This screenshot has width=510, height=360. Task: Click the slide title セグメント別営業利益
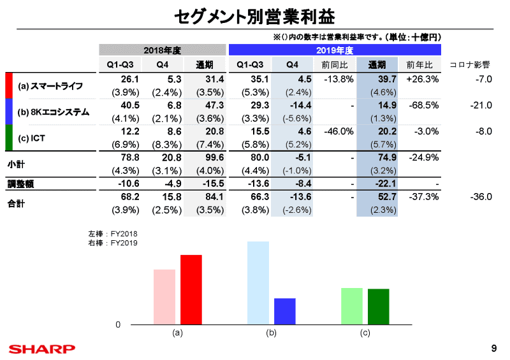254,15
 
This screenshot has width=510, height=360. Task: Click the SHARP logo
41,349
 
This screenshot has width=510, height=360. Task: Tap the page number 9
495,348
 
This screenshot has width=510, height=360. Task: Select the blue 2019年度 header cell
334,50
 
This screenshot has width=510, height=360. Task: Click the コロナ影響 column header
469,65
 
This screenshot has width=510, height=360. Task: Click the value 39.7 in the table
387,80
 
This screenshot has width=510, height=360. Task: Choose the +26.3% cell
422,80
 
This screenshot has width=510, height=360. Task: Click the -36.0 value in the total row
481,197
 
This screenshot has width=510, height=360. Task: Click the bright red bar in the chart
191,290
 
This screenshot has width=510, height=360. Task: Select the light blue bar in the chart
258,283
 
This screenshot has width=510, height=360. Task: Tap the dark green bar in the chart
378,306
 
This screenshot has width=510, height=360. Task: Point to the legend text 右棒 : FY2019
112,243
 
